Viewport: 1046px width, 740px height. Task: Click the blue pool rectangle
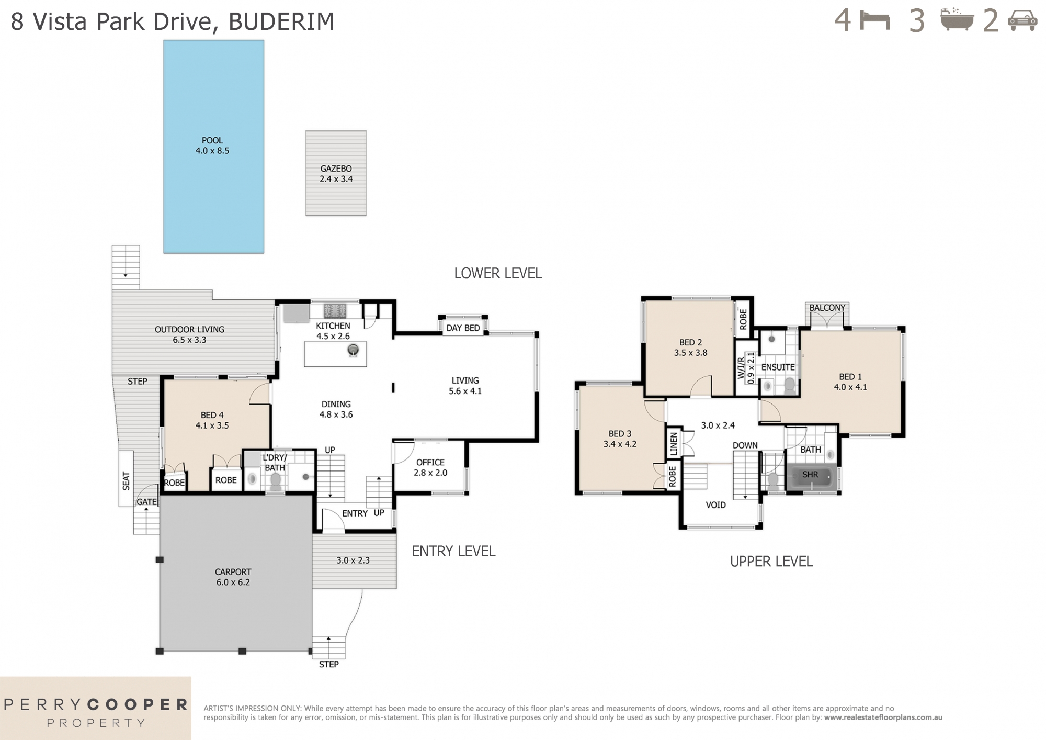[213, 147]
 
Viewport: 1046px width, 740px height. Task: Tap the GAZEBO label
[336, 169]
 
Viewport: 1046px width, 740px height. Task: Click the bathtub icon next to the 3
[957, 21]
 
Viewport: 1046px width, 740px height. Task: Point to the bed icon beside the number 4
[875, 21]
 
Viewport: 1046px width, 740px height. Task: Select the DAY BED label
[463, 328]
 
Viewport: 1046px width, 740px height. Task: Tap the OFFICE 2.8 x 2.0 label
[430, 467]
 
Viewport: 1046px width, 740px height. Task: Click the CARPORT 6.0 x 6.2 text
[233, 577]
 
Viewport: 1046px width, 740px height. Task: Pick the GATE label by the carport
[146, 502]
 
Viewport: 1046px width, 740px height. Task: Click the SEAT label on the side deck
[126, 480]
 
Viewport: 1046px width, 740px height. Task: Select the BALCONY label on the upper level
[827, 308]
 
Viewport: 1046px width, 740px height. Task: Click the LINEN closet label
[674, 444]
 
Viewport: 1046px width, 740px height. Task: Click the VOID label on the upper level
[715, 505]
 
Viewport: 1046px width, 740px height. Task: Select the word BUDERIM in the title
[281, 22]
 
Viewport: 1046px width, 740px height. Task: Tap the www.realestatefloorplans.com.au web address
[883, 717]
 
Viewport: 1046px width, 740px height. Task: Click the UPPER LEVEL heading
[771, 562]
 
